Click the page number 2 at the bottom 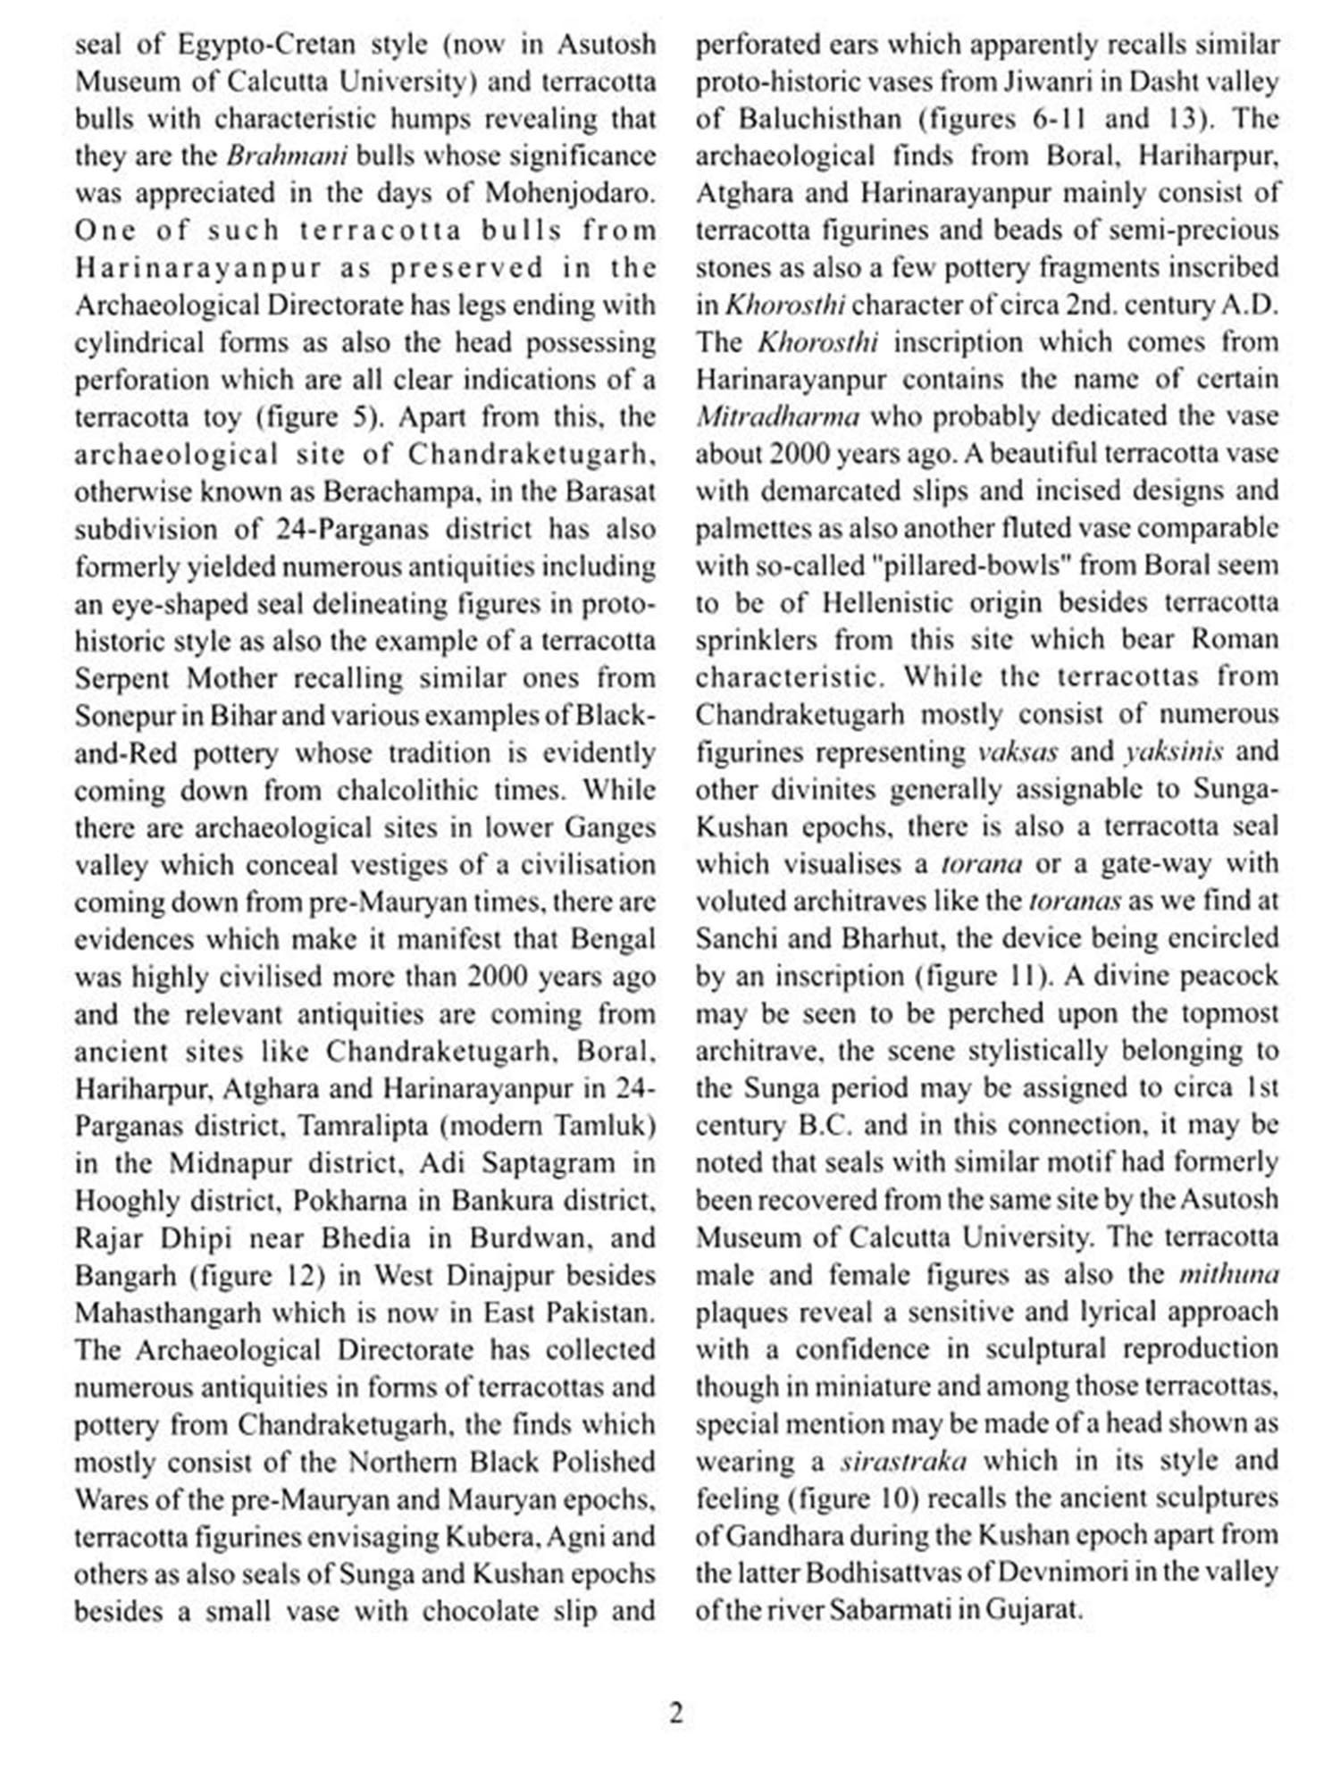(675, 1714)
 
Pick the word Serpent (126, 678)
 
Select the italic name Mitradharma (777, 417)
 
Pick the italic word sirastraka (903, 1462)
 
